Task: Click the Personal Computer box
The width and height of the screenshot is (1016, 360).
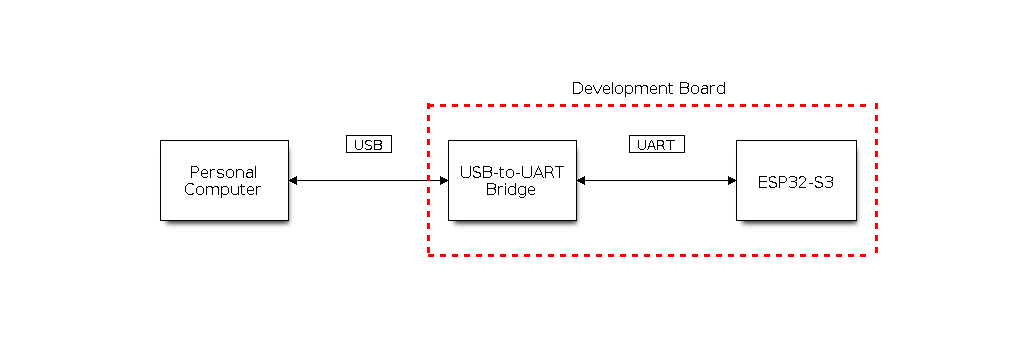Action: coord(224,181)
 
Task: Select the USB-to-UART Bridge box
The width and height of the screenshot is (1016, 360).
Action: coord(512,181)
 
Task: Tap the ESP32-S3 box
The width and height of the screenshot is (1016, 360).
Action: coord(796,181)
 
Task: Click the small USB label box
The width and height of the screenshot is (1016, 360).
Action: coord(369,144)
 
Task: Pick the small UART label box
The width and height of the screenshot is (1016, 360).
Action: coord(656,144)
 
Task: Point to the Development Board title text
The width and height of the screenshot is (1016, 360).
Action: coord(649,89)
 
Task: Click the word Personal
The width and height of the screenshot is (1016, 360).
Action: coord(224,172)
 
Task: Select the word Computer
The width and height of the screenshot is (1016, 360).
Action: coord(222,190)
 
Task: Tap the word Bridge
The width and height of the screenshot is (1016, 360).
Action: coord(511,190)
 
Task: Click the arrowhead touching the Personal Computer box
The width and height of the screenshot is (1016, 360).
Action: coord(293,181)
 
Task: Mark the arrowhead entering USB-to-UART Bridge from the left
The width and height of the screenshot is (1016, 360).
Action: coord(444,181)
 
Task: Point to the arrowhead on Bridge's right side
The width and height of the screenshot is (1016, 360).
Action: coord(581,181)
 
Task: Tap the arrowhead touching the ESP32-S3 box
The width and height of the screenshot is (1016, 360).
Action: coord(732,181)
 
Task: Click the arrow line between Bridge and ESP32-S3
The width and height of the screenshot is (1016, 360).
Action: coord(656,181)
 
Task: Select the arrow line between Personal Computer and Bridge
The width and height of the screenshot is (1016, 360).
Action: coord(369,181)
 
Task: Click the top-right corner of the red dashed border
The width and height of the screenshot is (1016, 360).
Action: coord(876,104)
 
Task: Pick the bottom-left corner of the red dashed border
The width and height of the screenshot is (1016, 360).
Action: coord(429,255)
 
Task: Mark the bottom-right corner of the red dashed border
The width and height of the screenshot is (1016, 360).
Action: coord(876,255)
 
